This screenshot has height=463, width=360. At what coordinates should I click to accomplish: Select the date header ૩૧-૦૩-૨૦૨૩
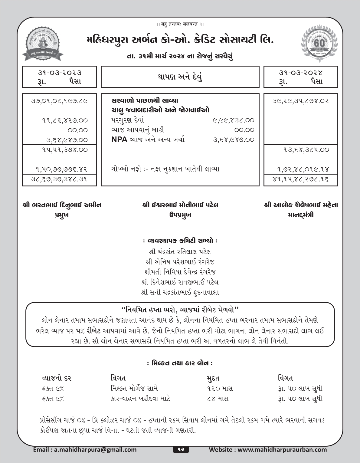(59, 73)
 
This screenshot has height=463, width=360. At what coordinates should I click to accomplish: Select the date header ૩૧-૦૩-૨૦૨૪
(301, 73)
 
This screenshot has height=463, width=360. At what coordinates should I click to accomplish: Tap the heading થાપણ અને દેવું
(180, 77)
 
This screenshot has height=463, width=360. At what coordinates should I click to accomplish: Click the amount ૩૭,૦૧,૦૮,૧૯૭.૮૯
(60, 101)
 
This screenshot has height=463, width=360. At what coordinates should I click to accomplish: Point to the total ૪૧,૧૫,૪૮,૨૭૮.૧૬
(301, 179)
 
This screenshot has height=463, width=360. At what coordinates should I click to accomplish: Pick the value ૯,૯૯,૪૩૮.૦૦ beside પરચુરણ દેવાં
(234, 120)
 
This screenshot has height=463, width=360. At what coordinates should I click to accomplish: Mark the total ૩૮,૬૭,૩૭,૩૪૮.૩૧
(60, 179)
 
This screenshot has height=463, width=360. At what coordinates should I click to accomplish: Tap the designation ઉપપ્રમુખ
(180, 215)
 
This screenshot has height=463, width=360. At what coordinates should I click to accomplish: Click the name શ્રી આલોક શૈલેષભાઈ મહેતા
(301, 205)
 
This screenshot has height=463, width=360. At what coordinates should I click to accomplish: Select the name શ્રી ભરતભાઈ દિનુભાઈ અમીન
(62, 205)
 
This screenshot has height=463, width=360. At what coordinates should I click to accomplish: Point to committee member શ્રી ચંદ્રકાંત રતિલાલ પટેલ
(180, 252)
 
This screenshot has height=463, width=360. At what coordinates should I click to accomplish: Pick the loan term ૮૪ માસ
(218, 399)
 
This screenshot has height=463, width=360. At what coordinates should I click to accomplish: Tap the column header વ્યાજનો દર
(57, 378)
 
